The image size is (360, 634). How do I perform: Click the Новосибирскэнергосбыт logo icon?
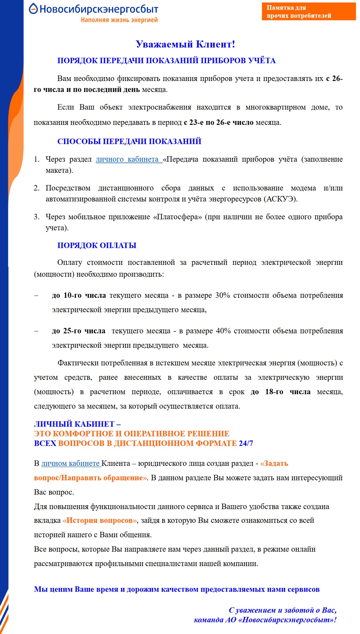pos(33,9)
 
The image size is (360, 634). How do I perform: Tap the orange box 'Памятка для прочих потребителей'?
pos(308,12)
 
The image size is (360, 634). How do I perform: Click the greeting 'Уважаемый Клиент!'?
pos(185,44)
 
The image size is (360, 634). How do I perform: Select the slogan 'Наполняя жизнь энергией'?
pos(119,20)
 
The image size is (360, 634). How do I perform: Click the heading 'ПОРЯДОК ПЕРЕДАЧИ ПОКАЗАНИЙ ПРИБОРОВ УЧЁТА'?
pos(166,61)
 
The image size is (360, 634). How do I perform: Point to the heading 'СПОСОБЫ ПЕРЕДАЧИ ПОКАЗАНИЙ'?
pos(129,141)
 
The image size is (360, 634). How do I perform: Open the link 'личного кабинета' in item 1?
pos(128,159)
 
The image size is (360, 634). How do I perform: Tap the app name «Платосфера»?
pos(177,217)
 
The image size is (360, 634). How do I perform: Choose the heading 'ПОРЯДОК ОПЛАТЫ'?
pos(97,245)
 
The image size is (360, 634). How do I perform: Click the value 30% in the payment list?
pos(222,295)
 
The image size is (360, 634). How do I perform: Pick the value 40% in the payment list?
pos(223,331)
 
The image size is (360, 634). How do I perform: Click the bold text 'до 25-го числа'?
pos(78,331)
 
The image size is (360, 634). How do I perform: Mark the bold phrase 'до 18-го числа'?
pos(280,392)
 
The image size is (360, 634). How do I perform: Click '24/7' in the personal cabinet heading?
pos(246,443)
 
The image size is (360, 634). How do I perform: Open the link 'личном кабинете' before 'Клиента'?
pos(71,463)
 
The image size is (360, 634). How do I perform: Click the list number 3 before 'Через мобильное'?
pos(36,217)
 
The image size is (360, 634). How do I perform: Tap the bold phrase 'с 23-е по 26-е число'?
pos(218,122)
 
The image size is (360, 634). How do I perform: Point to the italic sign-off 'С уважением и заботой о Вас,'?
pos(282,610)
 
